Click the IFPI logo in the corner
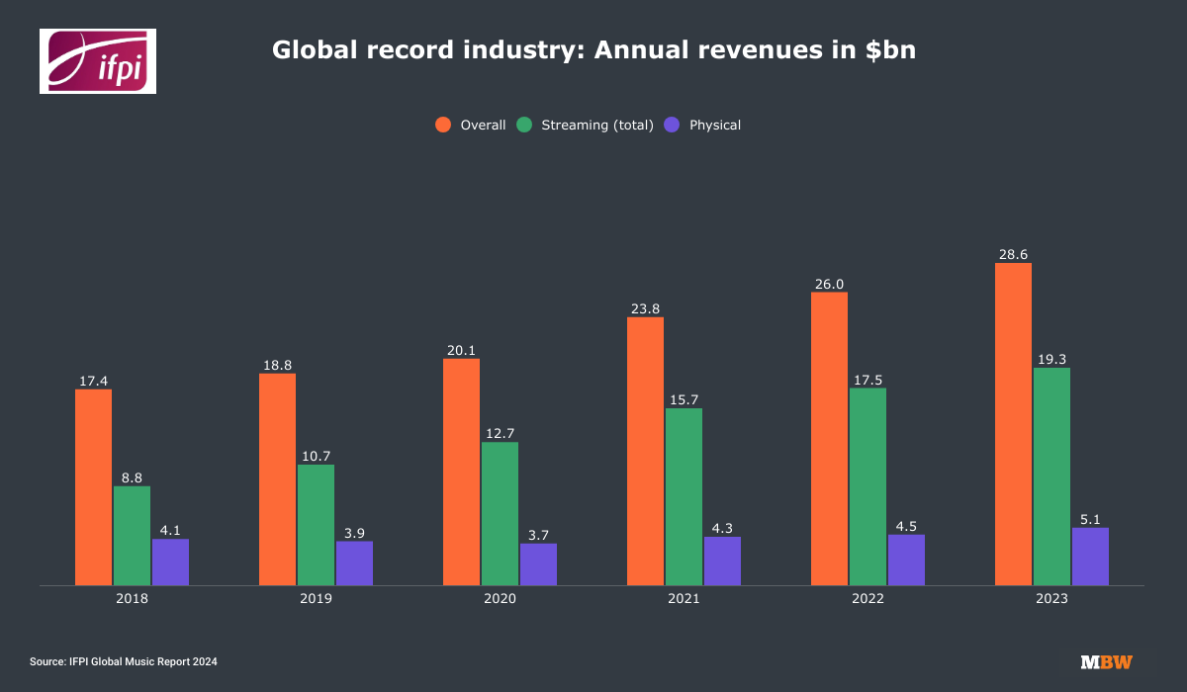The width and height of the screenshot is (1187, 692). [97, 61]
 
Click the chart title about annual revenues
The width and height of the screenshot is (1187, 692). [593, 51]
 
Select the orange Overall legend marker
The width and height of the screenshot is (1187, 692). [443, 125]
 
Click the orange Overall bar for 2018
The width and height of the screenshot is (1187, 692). [93, 487]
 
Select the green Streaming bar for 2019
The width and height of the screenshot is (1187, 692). [316, 525]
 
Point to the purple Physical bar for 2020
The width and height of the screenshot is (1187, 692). [538, 564]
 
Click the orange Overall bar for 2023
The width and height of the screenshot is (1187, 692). [1013, 424]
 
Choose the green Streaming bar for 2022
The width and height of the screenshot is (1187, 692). [867, 486]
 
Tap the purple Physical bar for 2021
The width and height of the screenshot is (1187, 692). [722, 561]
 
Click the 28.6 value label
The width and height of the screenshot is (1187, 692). [1013, 254]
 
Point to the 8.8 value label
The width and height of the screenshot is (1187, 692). [132, 477]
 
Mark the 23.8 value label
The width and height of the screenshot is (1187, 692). [645, 308]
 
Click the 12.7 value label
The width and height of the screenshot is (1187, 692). [500, 433]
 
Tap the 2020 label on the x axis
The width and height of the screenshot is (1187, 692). [500, 599]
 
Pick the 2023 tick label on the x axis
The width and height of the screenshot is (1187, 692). [1051, 599]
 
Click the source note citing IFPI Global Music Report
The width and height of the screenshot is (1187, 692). [124, 661]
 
